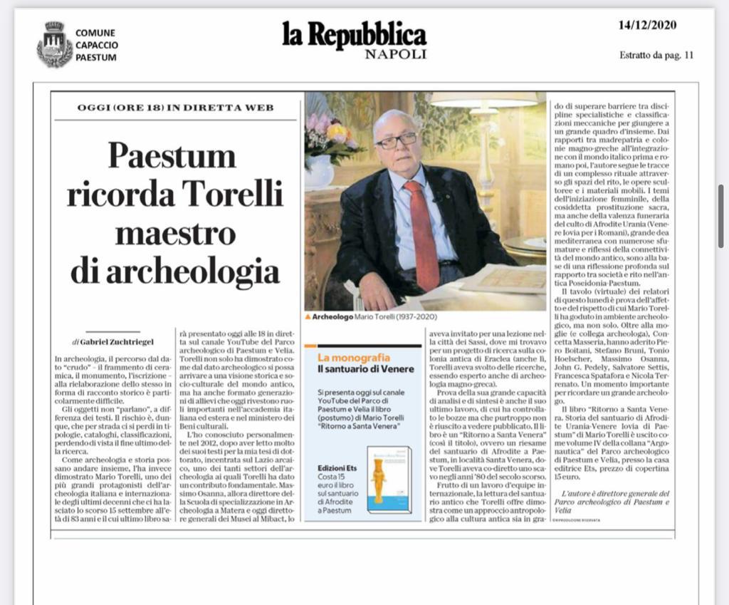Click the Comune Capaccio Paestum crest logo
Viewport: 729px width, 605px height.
tap(55, 43)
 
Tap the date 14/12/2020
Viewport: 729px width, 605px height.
tap(647, 26)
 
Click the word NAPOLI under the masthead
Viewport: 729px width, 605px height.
tap(395, 54)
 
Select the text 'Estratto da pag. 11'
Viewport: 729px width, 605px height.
tap(656, 55)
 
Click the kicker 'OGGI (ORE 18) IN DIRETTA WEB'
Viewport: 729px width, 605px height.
tap(175, 108)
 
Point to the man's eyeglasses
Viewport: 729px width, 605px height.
tap(396, 140)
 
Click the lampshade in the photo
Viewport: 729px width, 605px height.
tap(483, 99)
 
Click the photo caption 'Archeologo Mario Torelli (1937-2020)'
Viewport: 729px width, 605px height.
tap(370, 316)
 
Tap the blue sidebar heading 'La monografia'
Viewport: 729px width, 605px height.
tap(344, 356)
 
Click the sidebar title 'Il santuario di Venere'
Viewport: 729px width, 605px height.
tap(360, 368)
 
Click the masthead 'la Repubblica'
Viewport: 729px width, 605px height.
tap(355, 34)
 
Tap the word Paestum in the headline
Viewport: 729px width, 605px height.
tap(172, 155)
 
